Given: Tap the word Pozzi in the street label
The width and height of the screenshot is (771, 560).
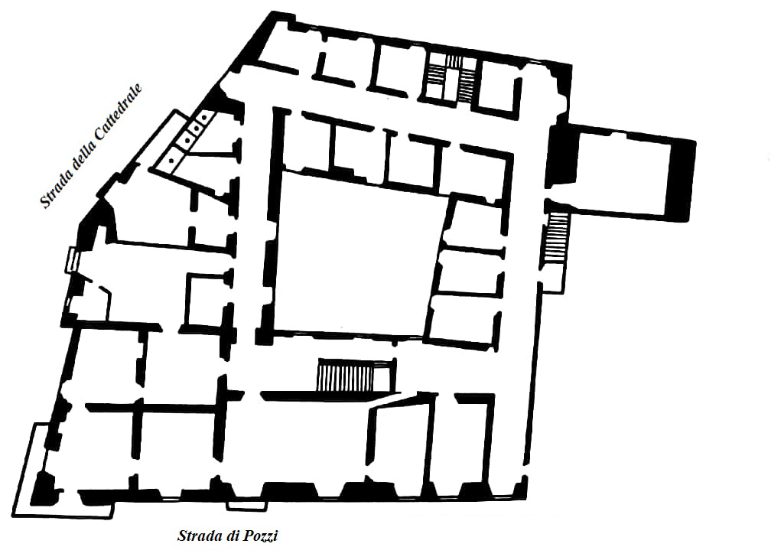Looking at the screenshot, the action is [259, 536].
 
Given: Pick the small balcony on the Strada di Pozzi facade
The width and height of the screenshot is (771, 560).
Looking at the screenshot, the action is [248, 505].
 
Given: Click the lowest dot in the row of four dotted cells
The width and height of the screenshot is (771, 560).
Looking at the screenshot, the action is [171, 161].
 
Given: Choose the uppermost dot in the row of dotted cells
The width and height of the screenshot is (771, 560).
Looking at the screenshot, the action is [204, 118].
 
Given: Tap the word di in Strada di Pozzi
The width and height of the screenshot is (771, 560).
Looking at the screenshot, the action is [232, 536].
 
